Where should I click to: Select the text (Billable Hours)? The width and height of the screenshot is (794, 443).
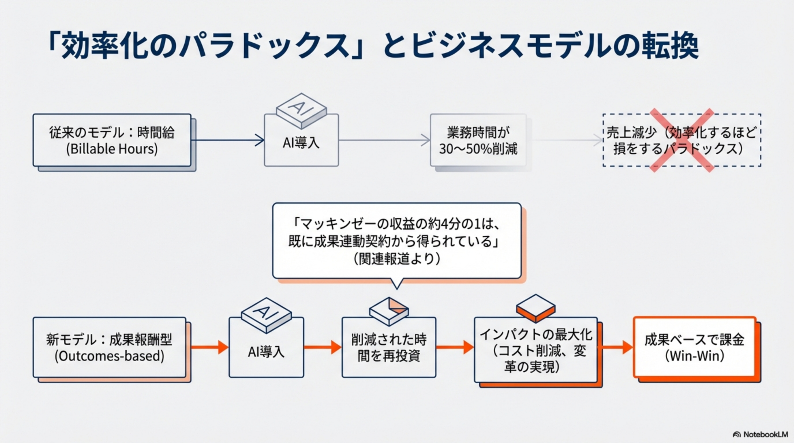tap(112, 149)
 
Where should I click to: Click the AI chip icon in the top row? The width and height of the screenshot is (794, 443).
tap(301, 111)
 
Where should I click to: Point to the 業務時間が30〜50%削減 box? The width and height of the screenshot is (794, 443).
tap(478, 140)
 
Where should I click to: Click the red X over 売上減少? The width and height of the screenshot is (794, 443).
tap(682, 140)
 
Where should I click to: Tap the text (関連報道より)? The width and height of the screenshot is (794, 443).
tap(397, 259)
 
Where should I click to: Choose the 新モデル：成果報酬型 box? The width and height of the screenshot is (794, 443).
tap(110, 340)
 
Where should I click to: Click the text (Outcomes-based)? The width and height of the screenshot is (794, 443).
tap(110, 356)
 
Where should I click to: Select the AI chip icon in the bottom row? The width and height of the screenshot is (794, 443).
tap(266, 315)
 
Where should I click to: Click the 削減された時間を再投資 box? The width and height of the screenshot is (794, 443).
tap(389, 348)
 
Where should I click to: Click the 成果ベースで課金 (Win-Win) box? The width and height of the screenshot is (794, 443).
tap(694, 348)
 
